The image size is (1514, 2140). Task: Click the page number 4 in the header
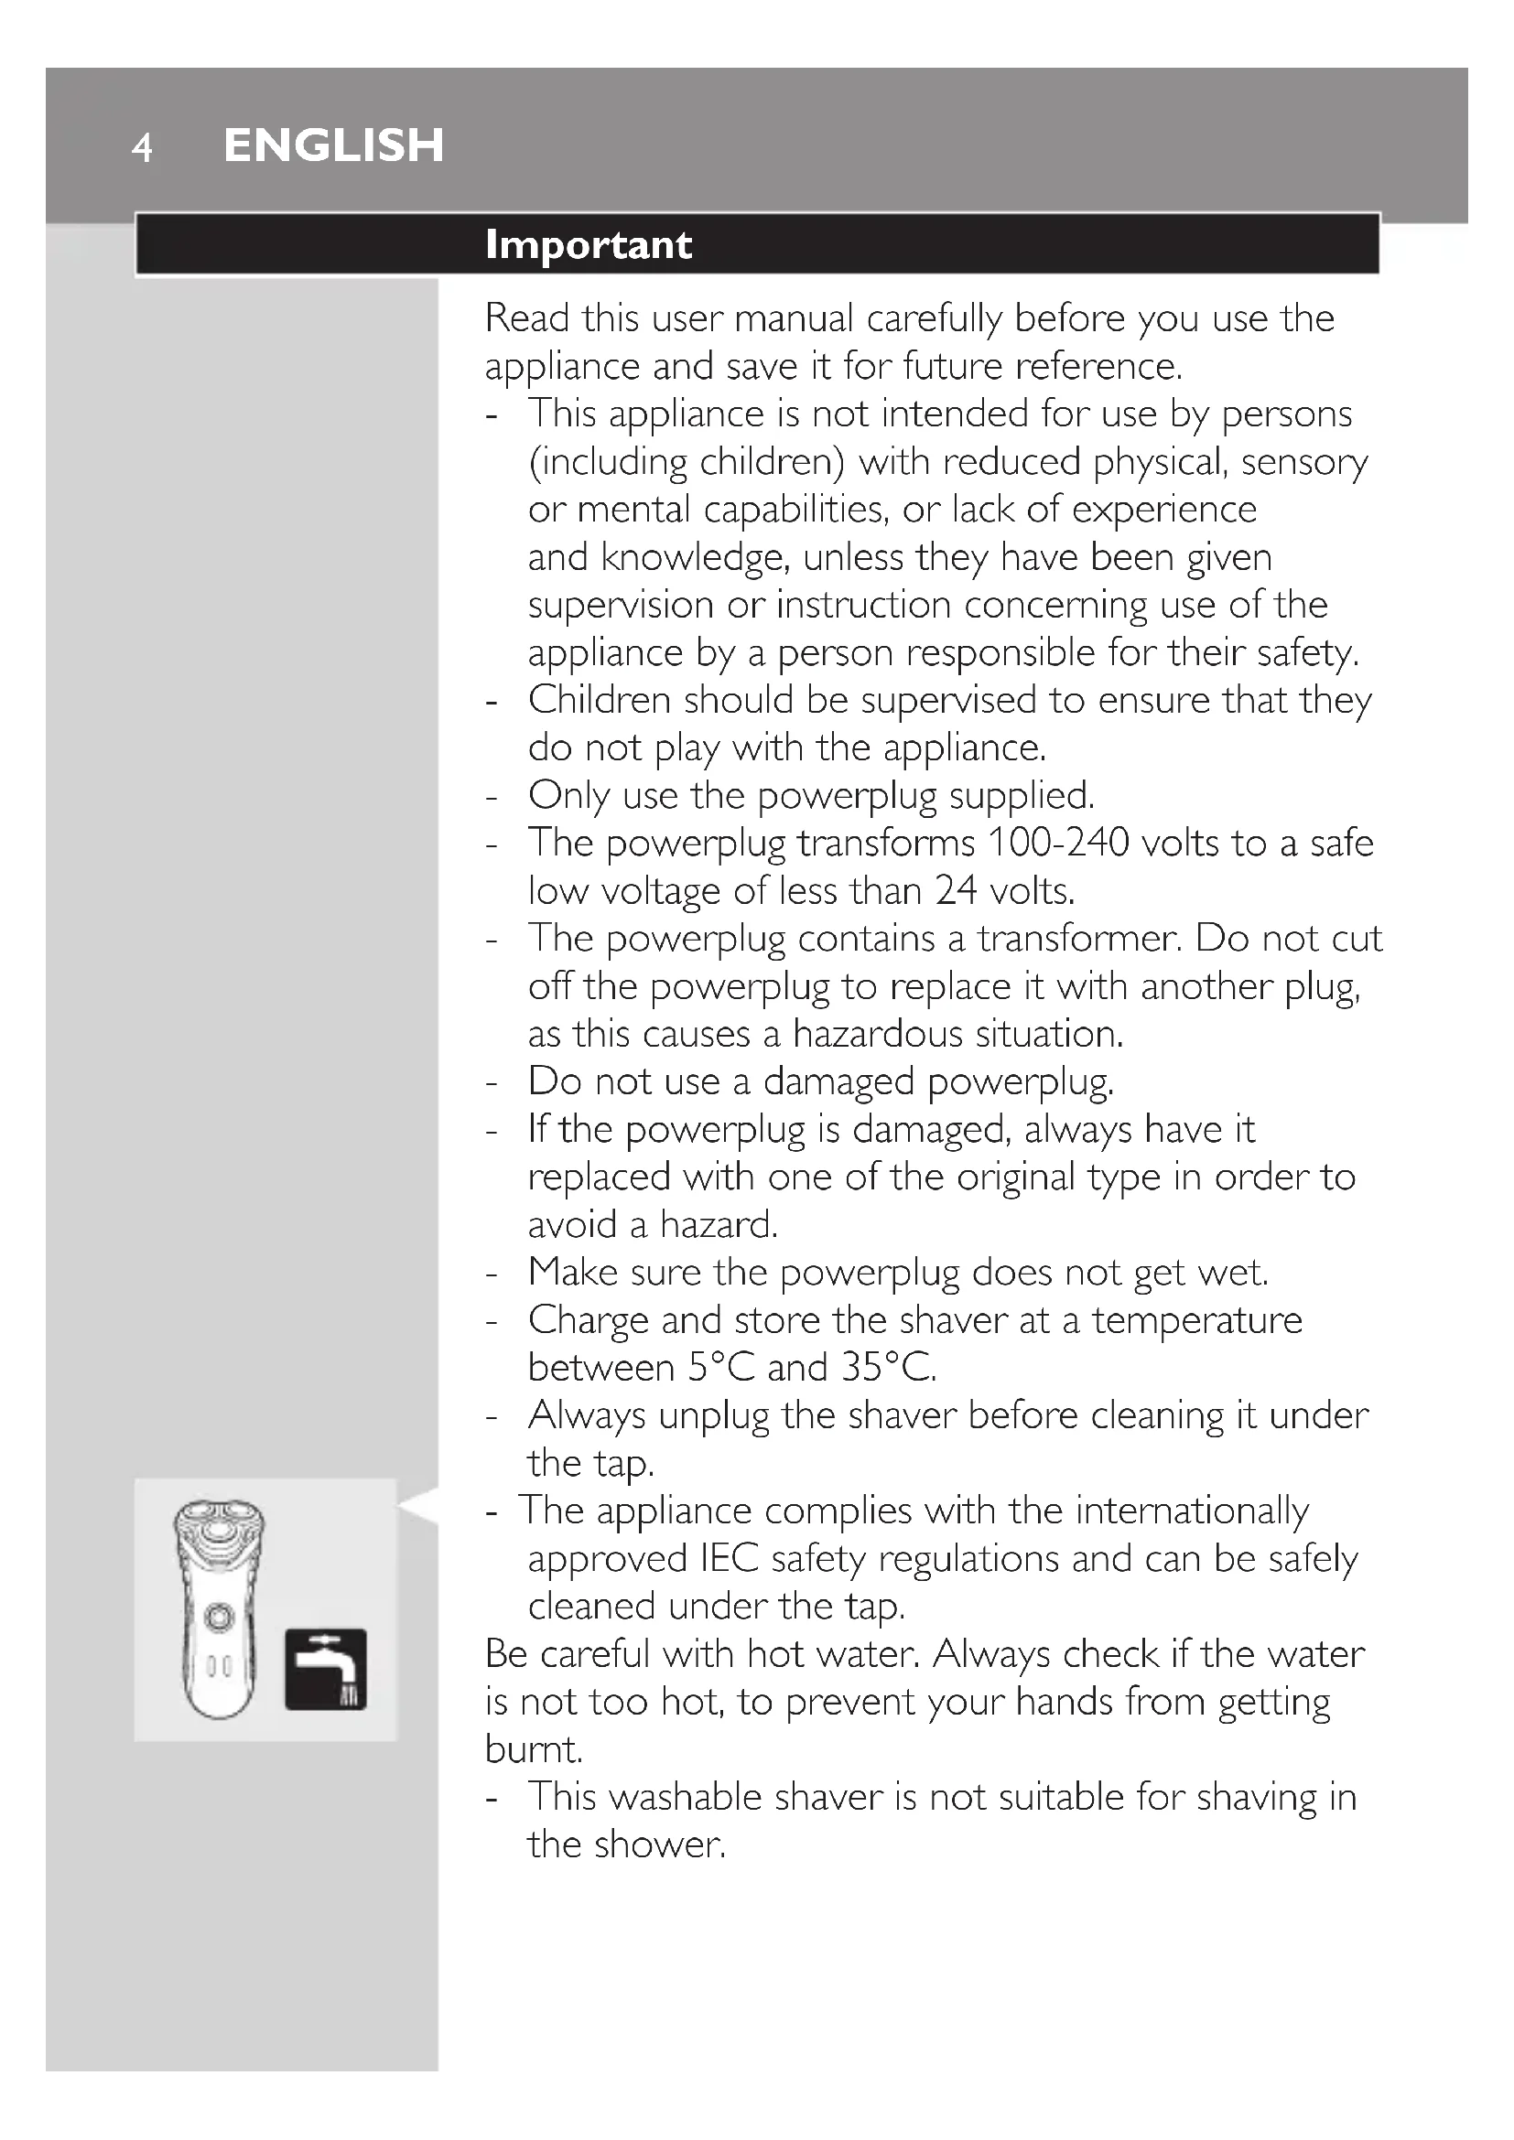(x=142, y=147)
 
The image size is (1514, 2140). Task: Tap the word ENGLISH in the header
(x=334, y=145)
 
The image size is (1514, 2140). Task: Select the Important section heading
(x=589, y=244)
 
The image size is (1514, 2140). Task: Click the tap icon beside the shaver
(x=325, y=1669)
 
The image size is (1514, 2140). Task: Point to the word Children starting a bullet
(x=600, y=700)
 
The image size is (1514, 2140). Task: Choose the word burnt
(x=534, y=1749)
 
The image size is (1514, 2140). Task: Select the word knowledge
(x=697, y=557)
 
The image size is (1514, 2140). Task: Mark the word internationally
(x=1193, y=1511)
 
